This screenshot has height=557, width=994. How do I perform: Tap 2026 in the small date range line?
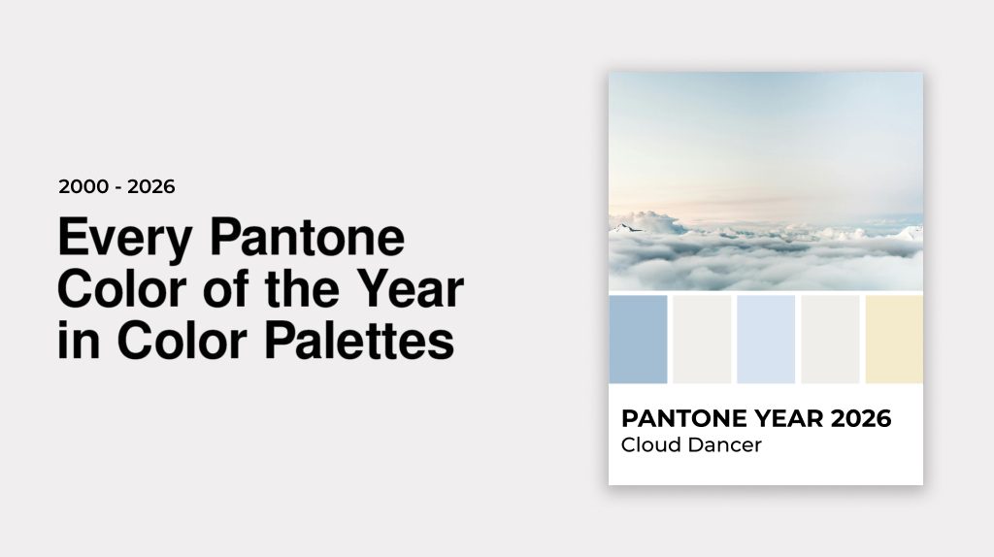(150, 186)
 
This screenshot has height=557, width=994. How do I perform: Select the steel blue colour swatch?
(638, 339)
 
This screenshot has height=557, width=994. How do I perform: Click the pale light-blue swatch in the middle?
(766, 339)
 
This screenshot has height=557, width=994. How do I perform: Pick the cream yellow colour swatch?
(894, 339)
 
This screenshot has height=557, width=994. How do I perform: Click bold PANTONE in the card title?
(686, 419)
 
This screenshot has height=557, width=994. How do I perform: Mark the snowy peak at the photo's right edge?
(910, 232)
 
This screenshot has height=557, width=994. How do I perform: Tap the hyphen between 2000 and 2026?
(117, 187)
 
